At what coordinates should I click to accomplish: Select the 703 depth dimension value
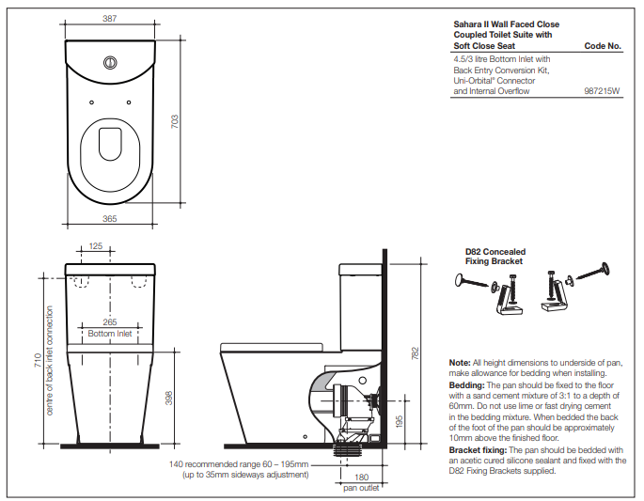(175, 122)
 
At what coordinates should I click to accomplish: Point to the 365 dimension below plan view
(110, 218)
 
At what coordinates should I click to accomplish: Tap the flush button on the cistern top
(111, 63)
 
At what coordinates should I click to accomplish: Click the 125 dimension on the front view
(96, 245)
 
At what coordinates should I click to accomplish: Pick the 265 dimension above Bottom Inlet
(110, 322)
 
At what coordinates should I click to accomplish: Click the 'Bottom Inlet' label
(110, 334)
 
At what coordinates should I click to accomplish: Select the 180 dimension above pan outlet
(362, 478)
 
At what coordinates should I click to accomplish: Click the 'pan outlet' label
(362, 488)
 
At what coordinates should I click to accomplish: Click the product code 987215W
(603, 92)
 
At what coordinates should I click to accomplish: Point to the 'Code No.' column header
(603, 45)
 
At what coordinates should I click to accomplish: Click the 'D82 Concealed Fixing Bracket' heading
(495, 257)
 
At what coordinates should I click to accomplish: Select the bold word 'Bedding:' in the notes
(466, 385)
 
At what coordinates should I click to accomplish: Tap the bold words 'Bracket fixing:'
(479, 450)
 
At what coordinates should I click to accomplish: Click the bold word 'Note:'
(460, 362)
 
